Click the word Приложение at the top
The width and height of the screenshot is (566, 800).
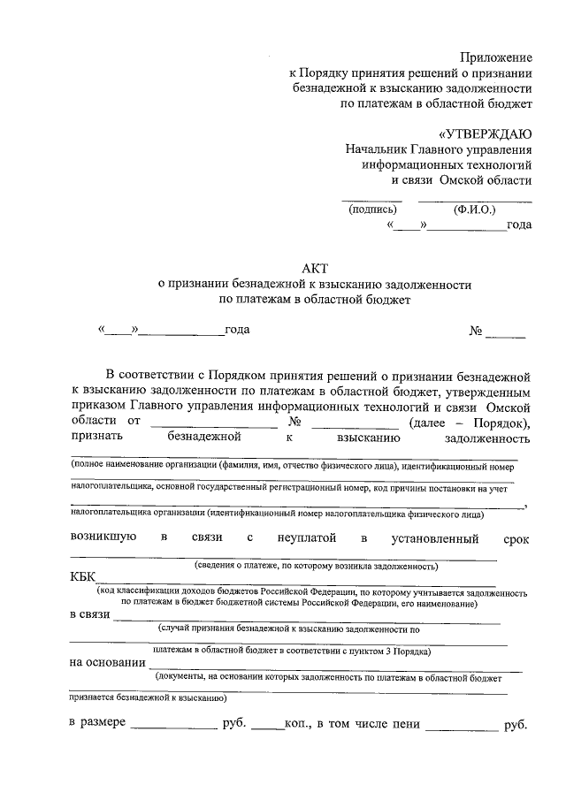coord(499,57)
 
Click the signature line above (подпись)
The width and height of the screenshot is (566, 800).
coord(372,200)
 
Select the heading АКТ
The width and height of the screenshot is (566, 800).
coord(315,269)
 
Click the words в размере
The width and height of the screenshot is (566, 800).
coord(97,724)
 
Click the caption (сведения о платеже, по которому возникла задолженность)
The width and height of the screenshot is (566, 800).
coord(316,565)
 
